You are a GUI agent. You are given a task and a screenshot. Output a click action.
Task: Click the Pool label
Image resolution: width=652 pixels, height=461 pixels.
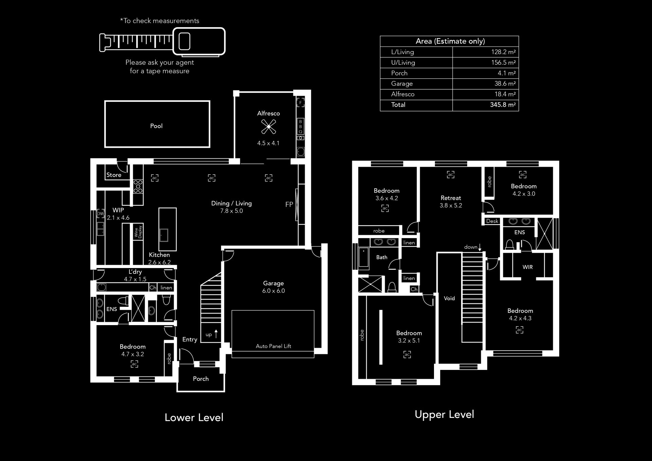pos(156,126)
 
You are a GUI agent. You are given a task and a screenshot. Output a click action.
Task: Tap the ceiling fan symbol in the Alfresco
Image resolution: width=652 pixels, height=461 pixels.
pos(268,127)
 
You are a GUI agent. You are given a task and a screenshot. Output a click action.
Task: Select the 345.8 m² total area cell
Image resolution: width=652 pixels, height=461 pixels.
pos(503,105)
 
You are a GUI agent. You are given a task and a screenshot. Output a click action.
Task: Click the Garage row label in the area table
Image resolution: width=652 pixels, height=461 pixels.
pos(402,84)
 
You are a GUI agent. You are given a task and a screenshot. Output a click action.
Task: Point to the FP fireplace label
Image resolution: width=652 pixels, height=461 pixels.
pos(289,205)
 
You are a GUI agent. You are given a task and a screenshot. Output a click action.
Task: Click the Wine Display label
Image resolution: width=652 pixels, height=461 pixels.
pos(138,232)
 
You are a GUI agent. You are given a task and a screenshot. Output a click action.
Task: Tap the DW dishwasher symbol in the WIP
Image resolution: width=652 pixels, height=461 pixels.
pos(101,213)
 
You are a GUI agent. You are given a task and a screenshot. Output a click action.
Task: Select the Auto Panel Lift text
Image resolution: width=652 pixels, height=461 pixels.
pos(273,346)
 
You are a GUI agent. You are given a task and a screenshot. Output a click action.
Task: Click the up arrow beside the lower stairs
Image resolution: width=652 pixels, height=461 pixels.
pos(216,334)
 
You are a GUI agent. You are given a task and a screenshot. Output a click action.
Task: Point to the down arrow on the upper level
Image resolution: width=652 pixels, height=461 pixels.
pos(480,247)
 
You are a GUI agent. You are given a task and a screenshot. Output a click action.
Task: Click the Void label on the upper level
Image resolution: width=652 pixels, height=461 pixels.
pos(449,298)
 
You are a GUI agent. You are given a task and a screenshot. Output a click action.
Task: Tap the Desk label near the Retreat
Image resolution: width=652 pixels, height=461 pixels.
pos(492,221)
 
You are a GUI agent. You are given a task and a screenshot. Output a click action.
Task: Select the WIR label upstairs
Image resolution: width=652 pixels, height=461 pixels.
pos(528,267)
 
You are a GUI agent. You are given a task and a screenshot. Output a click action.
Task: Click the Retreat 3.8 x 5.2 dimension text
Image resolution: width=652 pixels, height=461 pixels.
pos(451,206)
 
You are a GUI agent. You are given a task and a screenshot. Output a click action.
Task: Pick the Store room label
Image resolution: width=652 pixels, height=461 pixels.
pos(114,175)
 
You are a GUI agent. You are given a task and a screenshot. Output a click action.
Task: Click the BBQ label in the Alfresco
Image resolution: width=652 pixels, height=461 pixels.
pos(301,126)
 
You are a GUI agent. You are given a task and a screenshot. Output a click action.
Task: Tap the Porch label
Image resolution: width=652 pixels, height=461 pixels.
pos(201,379)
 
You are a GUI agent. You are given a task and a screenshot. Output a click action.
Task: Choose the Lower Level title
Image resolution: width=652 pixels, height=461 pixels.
pos(194,418)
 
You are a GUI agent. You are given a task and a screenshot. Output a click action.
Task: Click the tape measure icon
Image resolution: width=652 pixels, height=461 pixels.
pos(162,42)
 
